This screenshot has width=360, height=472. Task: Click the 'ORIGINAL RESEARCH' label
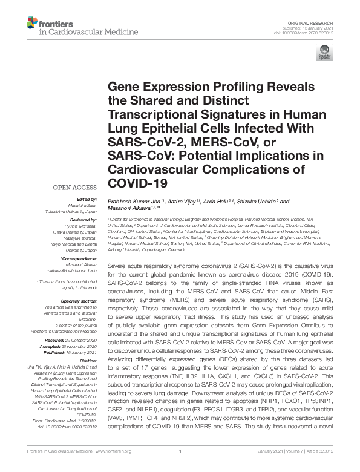tap(318, 22)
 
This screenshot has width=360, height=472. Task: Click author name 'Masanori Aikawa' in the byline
tap(128, 209)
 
